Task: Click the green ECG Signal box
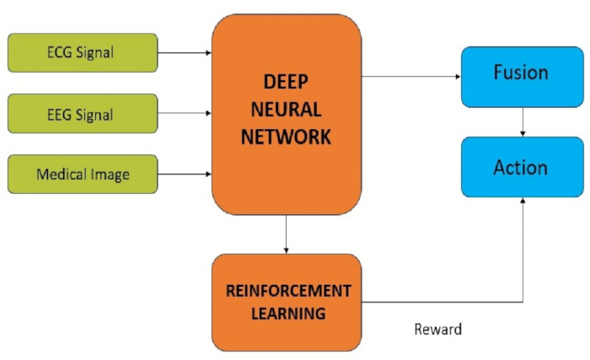click(83, 53)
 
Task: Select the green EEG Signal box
click(83, 113)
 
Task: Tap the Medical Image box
click(83, 174)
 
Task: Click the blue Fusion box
click(523, 77)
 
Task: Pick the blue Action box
click(523, 167)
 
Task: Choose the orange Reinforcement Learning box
click(287, 303)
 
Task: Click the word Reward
click(438, 329)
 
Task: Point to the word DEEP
click(286, 82)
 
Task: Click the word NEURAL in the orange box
click(286, 110)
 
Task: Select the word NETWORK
click(286, 137)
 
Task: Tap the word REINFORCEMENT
click(288, 291)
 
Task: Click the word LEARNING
click(288, 314)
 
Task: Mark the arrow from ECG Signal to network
click(185, 53)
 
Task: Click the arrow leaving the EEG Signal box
click(185, 113)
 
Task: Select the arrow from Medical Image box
click(185, 174)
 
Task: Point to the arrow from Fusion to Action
click(523, 122)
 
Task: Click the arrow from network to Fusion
click(411, 77)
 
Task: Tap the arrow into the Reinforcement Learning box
click(286, 234)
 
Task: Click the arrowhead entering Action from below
click(523, 201)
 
